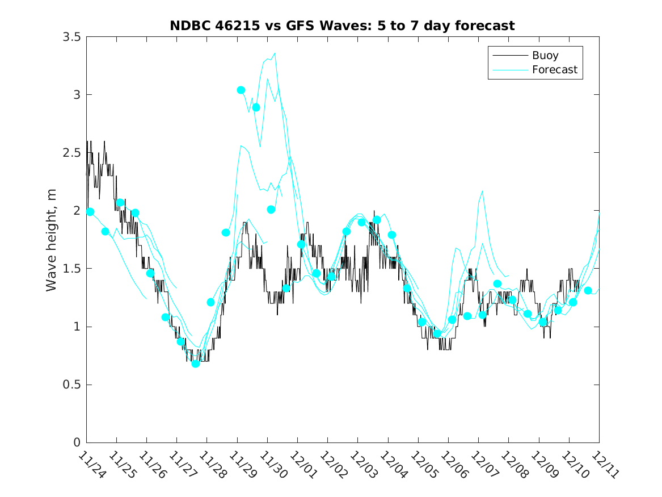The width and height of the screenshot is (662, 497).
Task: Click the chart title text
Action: (342, 26)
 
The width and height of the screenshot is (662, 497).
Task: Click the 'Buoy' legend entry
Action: (545, 56)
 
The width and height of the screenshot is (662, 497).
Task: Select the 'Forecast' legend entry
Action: (554, 70)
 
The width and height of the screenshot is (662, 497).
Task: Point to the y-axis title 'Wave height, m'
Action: (52, 240)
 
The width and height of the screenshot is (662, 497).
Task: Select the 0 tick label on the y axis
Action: (77, 443)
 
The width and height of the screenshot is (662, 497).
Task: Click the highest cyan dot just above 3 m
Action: (241, 90)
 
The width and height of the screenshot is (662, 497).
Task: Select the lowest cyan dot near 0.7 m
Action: (195, 364)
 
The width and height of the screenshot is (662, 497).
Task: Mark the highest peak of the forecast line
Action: (275, 53)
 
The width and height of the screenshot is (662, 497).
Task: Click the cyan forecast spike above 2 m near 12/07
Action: (482, 191)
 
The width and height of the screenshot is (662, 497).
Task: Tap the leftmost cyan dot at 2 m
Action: (90, 211)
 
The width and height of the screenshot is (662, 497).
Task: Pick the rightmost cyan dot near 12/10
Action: (588, 290)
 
